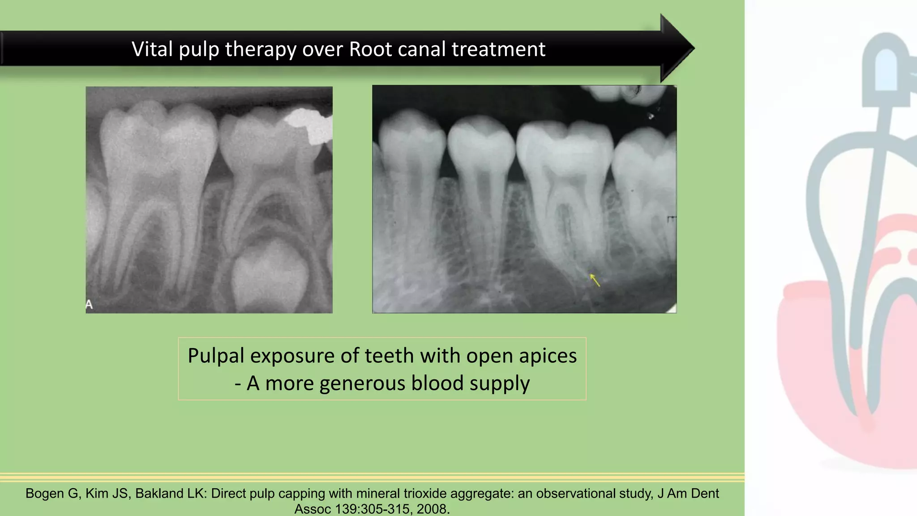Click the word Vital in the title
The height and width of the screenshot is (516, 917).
pos(152,49)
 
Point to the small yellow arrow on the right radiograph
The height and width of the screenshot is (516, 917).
pos(595,280)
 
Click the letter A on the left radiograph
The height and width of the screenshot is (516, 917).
pos(89,305)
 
